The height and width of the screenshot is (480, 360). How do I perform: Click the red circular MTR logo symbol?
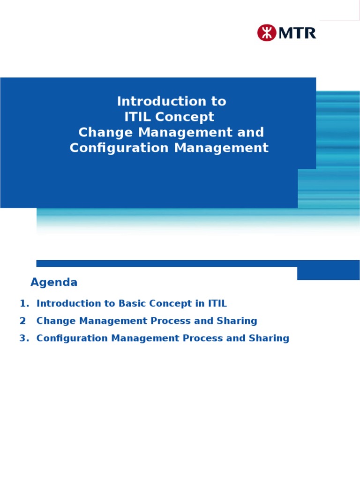[x=266, y=33]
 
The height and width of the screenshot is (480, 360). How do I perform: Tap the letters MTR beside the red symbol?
[x=297, y=33]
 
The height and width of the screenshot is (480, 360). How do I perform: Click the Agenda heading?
[x=54, y=283]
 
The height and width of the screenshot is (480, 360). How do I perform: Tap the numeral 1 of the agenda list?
[x=23, y=303]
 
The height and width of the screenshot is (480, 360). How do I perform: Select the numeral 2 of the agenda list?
[x=23, y=321]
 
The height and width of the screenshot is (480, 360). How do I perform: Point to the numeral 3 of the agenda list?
[x=23, y=338]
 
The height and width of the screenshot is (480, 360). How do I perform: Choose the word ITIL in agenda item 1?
[x=217, y=303]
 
